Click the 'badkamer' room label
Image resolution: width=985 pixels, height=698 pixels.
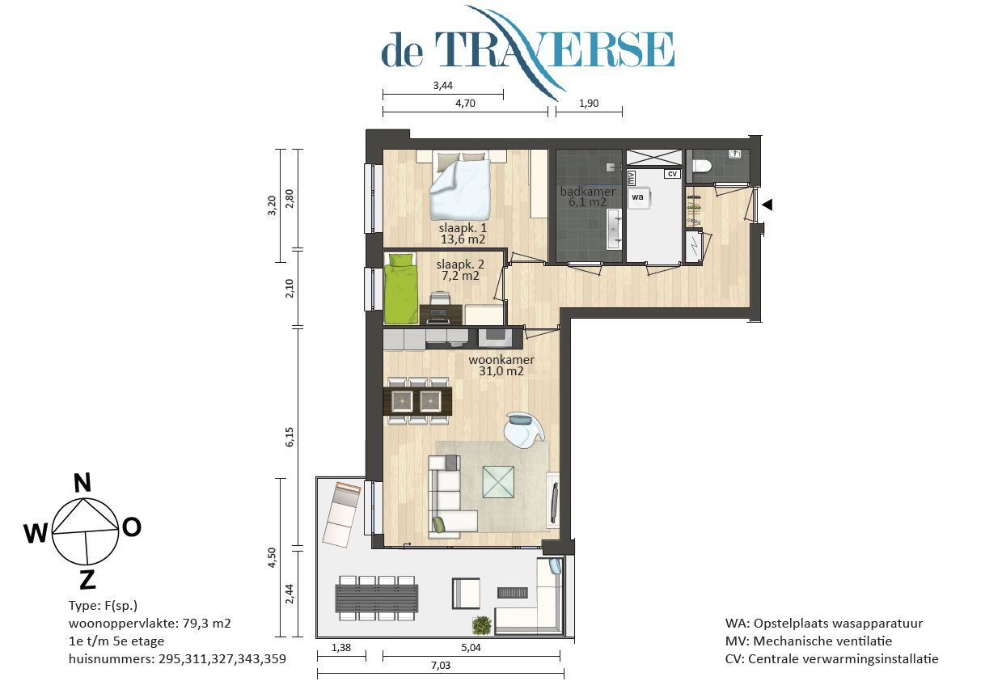point(587,192)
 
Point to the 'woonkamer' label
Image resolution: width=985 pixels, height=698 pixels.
point(501,360)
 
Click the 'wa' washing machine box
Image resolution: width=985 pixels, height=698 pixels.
point(637,197)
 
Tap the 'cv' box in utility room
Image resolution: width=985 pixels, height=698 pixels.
point(671,174)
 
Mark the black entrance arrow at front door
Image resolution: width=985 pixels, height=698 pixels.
point(767,205)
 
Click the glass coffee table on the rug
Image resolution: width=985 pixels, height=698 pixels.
point(498,481)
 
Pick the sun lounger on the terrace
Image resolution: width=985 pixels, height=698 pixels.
point(342,514)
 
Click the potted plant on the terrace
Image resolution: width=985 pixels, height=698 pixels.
point(482,624)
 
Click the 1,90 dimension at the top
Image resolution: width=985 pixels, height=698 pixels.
point(588,103)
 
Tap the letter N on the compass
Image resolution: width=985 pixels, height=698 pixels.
point(82,483)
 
